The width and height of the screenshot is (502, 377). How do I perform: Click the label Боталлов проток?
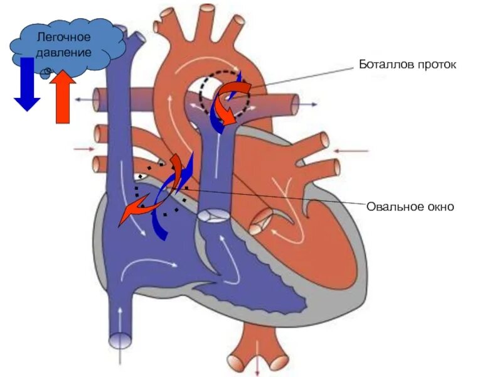pyautogui.click(x=403, y=65)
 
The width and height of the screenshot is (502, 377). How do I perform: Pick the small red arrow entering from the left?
pyautogui.click(x=83, y=149)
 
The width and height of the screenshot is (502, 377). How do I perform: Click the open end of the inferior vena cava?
pyautogui.click(x=120, y=341)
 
